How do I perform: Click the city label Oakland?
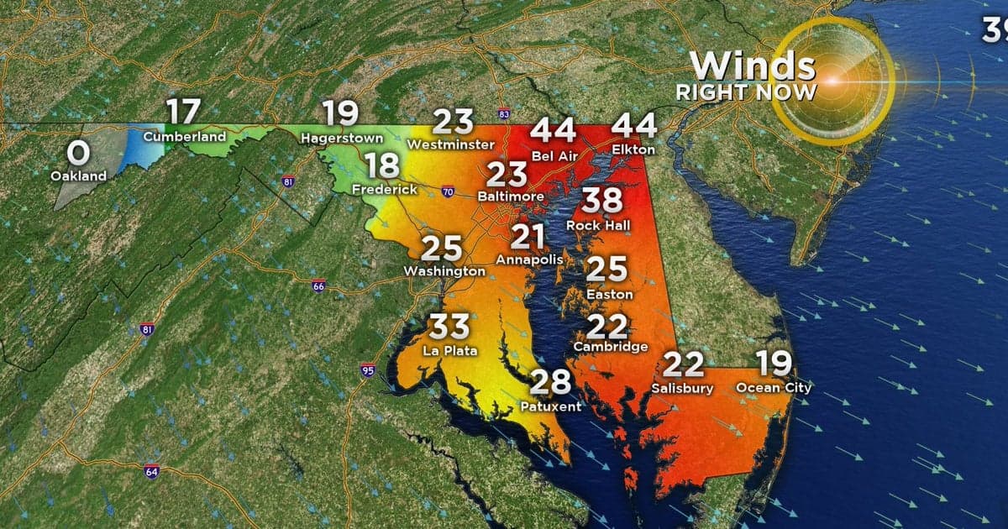78,176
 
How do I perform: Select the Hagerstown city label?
342,137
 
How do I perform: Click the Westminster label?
450,145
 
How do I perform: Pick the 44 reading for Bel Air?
554,131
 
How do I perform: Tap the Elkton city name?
633,149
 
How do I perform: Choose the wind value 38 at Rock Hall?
603,202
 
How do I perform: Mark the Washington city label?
444,271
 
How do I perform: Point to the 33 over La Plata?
450,327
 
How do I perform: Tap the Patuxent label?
551,406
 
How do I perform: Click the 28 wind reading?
551,382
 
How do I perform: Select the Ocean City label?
774,388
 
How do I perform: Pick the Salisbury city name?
682,389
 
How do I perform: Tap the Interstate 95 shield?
367,370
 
